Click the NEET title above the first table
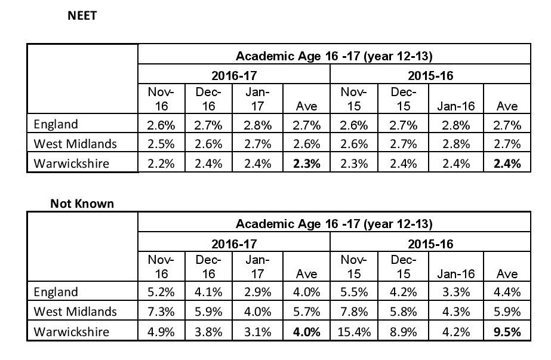pos(82,16)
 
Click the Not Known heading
pos(82,204)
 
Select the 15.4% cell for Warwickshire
pos(354,332)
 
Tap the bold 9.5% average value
pos(507,332)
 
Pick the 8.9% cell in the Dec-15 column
pos(403,332)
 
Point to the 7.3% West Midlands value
pos(161,312)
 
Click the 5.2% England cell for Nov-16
pos(161,292)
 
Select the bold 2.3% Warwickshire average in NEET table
pos(306,164)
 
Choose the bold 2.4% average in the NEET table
pos(507,164)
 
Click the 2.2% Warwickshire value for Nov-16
pos(161,164)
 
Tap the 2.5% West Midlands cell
pos(161,144)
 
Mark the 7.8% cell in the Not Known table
pos(354,312)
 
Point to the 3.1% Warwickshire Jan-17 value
pos(257,332)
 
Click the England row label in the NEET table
pos(56,124)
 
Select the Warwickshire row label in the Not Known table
pos(71,331)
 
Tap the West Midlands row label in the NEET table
pos(75,144)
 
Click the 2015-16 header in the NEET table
pos(430,76)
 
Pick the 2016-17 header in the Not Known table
pos(234,244)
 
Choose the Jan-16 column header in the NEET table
pos(455,106)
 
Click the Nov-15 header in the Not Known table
pos(354,267)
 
